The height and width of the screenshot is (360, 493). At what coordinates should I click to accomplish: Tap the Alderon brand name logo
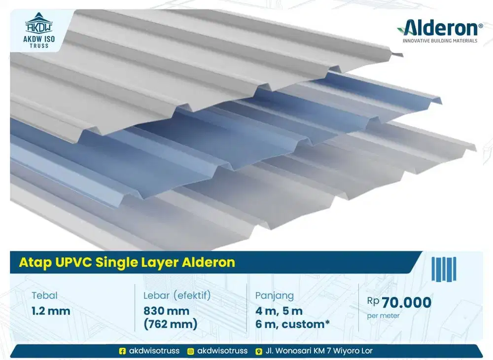440,28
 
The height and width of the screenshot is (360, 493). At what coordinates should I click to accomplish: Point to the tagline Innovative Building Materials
440,41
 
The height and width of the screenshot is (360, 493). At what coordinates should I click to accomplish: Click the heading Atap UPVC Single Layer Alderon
127,262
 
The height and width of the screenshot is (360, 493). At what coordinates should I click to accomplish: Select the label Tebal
44,296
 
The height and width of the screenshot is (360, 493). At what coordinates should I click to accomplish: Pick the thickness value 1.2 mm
51,311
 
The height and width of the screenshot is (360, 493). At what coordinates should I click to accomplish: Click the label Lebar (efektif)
177,296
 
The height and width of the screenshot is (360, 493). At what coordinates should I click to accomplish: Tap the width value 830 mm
166,311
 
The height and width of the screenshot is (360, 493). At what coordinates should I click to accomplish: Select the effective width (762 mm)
170,324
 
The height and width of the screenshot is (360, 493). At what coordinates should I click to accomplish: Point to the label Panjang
274,296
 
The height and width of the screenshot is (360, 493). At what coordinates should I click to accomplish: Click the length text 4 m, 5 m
279,311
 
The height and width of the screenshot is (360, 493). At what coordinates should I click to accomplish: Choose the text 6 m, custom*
292,324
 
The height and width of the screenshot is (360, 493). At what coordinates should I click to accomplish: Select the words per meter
383,316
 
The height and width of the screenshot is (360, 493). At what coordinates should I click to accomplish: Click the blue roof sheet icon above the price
444,269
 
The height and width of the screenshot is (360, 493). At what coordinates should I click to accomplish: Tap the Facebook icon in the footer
123,351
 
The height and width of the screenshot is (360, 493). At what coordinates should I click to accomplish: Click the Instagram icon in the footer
190,351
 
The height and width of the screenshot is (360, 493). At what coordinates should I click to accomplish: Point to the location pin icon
258,351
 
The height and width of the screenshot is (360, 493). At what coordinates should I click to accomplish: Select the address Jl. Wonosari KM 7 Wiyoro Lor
319,351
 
